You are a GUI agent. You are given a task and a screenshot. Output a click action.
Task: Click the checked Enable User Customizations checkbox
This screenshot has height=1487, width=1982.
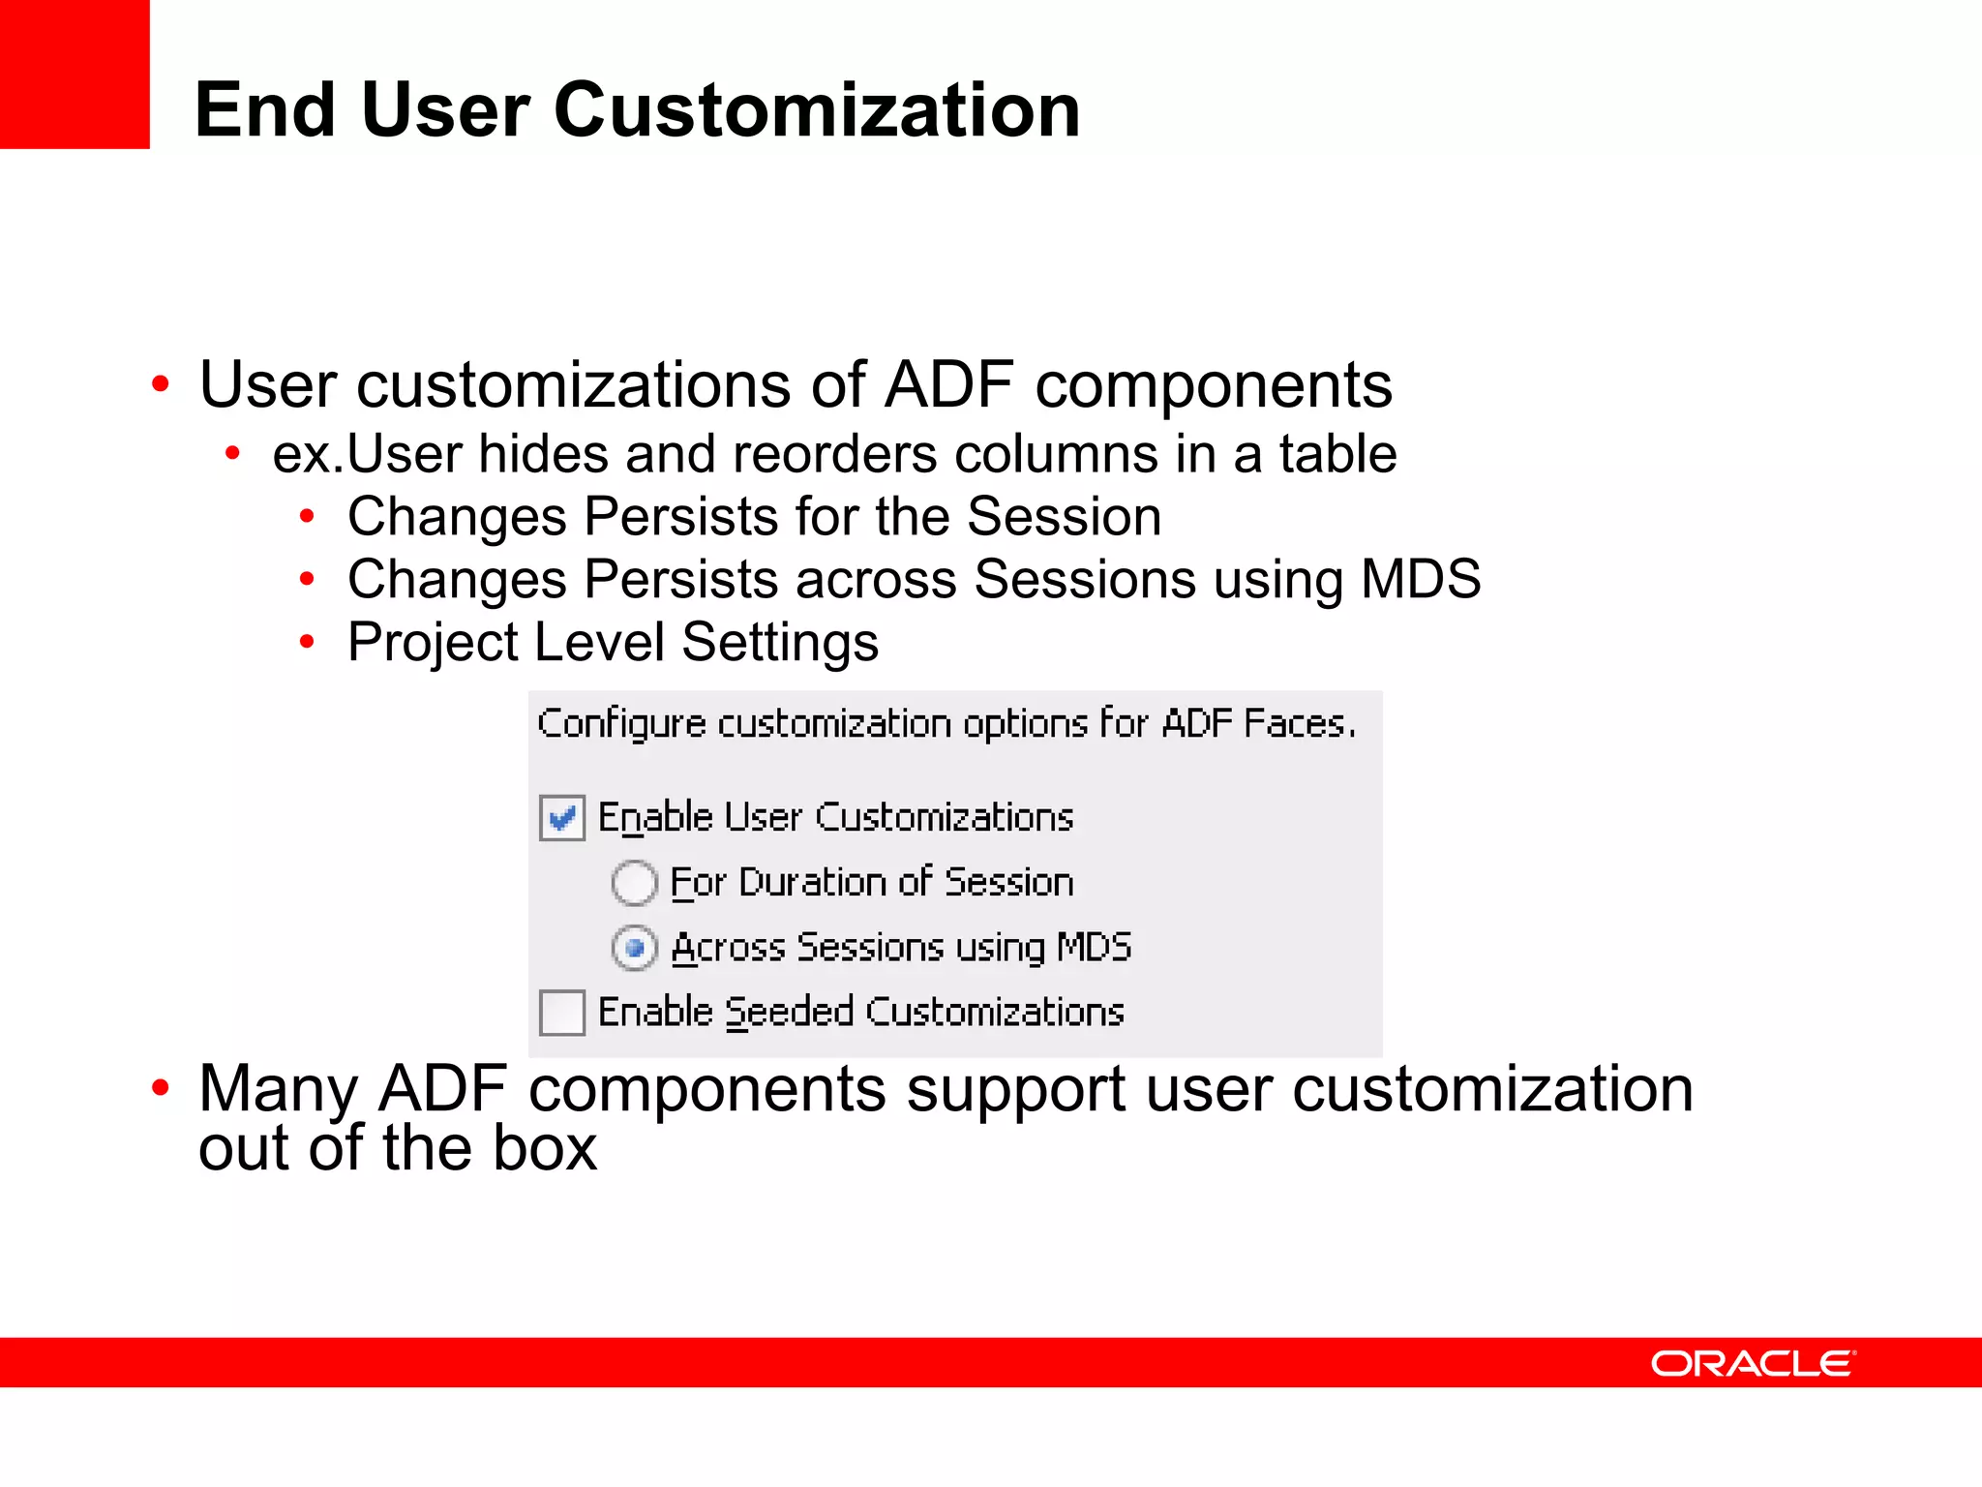(x=561, y=818)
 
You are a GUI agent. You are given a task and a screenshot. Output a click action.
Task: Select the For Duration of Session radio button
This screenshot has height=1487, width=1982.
(x=635, y=883)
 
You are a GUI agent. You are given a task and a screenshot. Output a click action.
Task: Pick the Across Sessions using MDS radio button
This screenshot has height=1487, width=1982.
(x=635, y=948)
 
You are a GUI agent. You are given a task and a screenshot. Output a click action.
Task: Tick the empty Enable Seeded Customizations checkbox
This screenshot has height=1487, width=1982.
(x=561, y=1013)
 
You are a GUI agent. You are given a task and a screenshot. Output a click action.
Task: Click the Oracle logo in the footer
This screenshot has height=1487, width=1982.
(x=1753, y=1363)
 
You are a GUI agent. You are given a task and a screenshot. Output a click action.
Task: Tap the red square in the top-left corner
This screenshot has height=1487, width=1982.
(x=75, y=74)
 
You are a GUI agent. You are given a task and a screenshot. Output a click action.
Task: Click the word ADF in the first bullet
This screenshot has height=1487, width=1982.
(x=948, y=384)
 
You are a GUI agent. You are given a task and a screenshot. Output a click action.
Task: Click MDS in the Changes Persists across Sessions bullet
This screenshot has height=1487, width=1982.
(x=1420, y=578)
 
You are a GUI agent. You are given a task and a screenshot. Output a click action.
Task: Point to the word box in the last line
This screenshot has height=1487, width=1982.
(x=544, y=1148)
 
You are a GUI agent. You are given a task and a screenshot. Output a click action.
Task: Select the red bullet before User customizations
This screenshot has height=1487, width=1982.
(x=161, y=385)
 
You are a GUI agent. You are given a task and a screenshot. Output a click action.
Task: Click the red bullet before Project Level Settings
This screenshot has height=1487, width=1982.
(x=307, y=641)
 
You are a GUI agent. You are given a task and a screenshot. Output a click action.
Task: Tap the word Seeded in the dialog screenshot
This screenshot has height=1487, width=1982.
(x=789, y=1012)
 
